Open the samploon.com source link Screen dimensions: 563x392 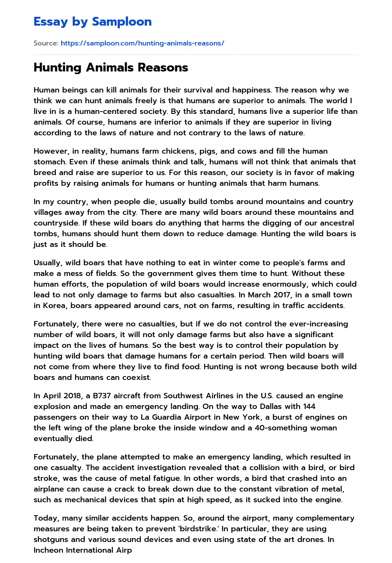142,43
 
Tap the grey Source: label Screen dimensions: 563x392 46,43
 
